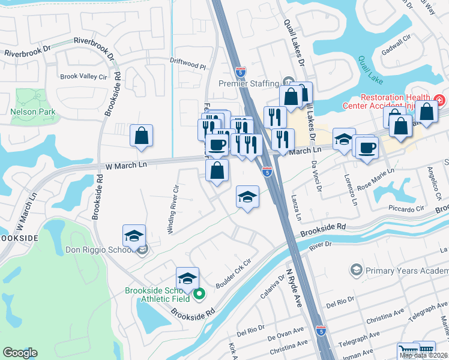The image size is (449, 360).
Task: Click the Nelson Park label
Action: [x=32, y=112]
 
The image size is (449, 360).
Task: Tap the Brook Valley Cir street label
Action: [x=83, y=77]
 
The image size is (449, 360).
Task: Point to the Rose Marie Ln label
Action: [x=376, y=178]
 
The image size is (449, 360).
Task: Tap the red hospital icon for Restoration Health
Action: [x=439, y=100]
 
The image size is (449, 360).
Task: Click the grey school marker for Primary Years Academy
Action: [x=356, y=271]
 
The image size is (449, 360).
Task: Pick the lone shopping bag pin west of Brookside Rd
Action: [x=141, y=136]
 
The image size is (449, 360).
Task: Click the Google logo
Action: [x=20, y=353]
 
